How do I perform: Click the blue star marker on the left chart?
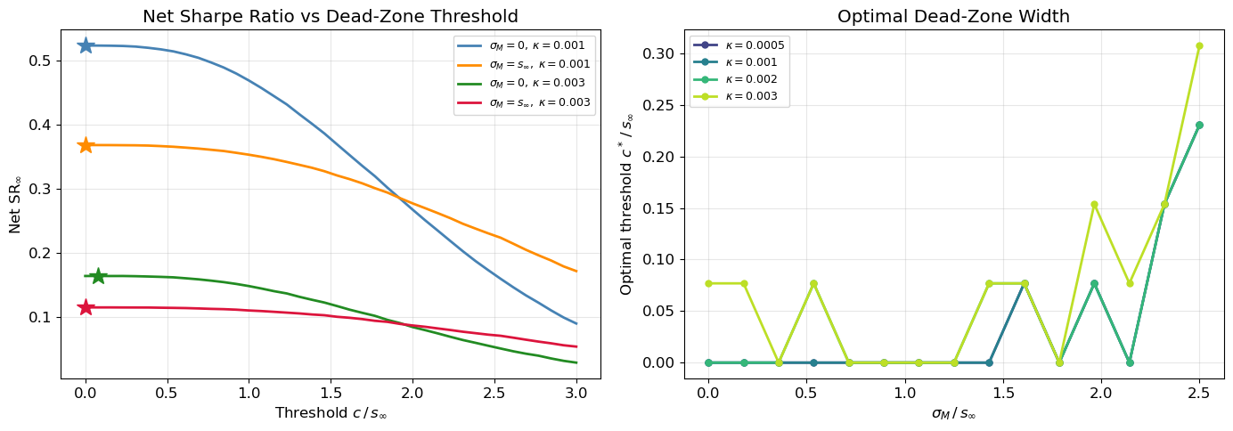(86, 45)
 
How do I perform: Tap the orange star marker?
(86, 145)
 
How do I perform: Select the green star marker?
(98, 276)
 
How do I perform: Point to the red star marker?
(86, 307)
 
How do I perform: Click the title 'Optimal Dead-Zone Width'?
(953, 16)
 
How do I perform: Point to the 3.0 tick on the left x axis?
(576, 392)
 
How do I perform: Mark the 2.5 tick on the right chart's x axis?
(1199, 392)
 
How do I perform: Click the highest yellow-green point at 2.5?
(1199, 45)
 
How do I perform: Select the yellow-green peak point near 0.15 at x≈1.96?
(1094, 205)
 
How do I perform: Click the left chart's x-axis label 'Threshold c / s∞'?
(331, 413)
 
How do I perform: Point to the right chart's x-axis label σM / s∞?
(953, 413)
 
